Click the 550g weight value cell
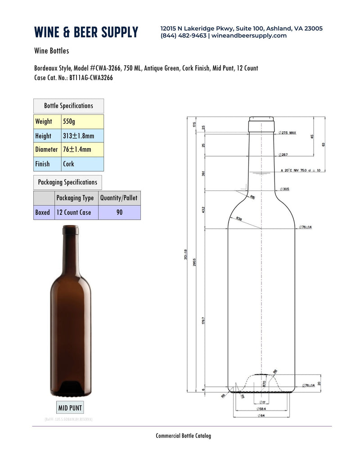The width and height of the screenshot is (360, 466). tap(82, 122)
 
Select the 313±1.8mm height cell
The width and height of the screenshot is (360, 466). tap(82, 136)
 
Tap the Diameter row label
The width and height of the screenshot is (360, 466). tap(46, 149)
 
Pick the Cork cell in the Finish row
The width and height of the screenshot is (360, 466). tap(82, 164)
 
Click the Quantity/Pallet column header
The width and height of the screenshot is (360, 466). tap(119, 198)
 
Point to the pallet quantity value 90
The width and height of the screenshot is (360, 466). tap(119, 212)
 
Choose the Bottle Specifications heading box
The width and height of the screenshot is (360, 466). tap(68, 106)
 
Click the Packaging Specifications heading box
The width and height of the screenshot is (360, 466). tap(67, 182)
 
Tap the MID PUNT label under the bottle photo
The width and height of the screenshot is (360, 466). tap(70, 408)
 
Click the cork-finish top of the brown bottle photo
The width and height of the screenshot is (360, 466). tap(70, 231)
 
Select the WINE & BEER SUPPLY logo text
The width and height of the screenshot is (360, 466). tap(86, 32)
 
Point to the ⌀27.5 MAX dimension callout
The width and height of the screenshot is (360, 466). tap(288, 133)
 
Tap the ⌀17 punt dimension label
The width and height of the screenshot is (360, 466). tap(262, 402)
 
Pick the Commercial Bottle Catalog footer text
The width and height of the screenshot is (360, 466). tap(183, 435)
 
